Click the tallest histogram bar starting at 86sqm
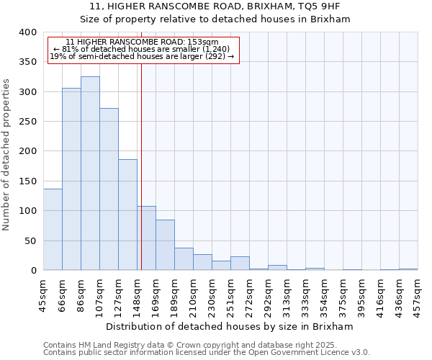[x=90, y=173]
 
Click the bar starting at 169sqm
[x=165, y=245]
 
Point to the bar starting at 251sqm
[x=240, y=263]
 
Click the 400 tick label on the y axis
[x=27, y=32]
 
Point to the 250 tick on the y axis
[x=27, y=122]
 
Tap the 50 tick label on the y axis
[x=30, y=240]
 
